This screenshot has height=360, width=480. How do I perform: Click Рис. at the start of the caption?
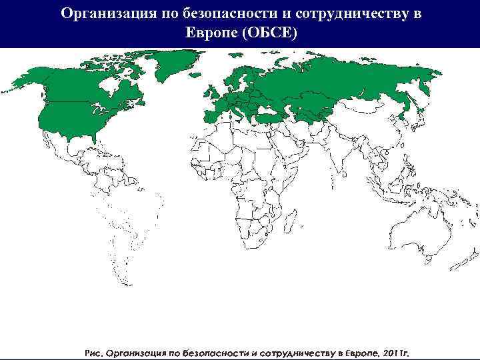[94, 351]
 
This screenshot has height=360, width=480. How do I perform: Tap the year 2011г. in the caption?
[396, 351]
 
